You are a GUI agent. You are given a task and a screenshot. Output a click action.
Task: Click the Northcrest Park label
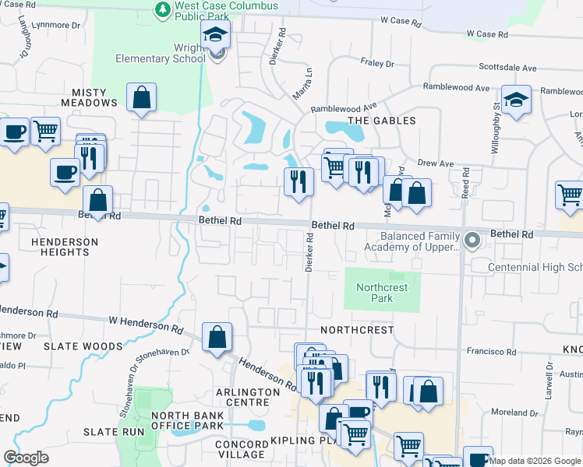tap(382, 293)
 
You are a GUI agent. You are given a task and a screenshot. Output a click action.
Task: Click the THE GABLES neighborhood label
tap(382, 121)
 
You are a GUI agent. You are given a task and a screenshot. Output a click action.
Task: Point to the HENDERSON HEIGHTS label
tap(65, 247)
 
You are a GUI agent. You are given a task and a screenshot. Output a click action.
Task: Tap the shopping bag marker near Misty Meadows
tap(141, 99)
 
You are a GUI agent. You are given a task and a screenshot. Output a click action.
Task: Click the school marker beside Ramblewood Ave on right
tap(515, 101)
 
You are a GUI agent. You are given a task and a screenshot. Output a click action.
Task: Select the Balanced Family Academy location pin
tap(471, 241)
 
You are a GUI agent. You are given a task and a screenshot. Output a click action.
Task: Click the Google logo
tap(26, 458)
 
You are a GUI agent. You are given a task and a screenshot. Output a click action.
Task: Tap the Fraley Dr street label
tap(380, 61)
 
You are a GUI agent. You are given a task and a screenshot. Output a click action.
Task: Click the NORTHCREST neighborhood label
tap(357, 330)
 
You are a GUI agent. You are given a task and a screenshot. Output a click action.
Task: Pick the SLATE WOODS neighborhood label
tap(83, 346)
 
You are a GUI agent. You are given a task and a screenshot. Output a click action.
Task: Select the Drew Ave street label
tap(435, 164)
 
